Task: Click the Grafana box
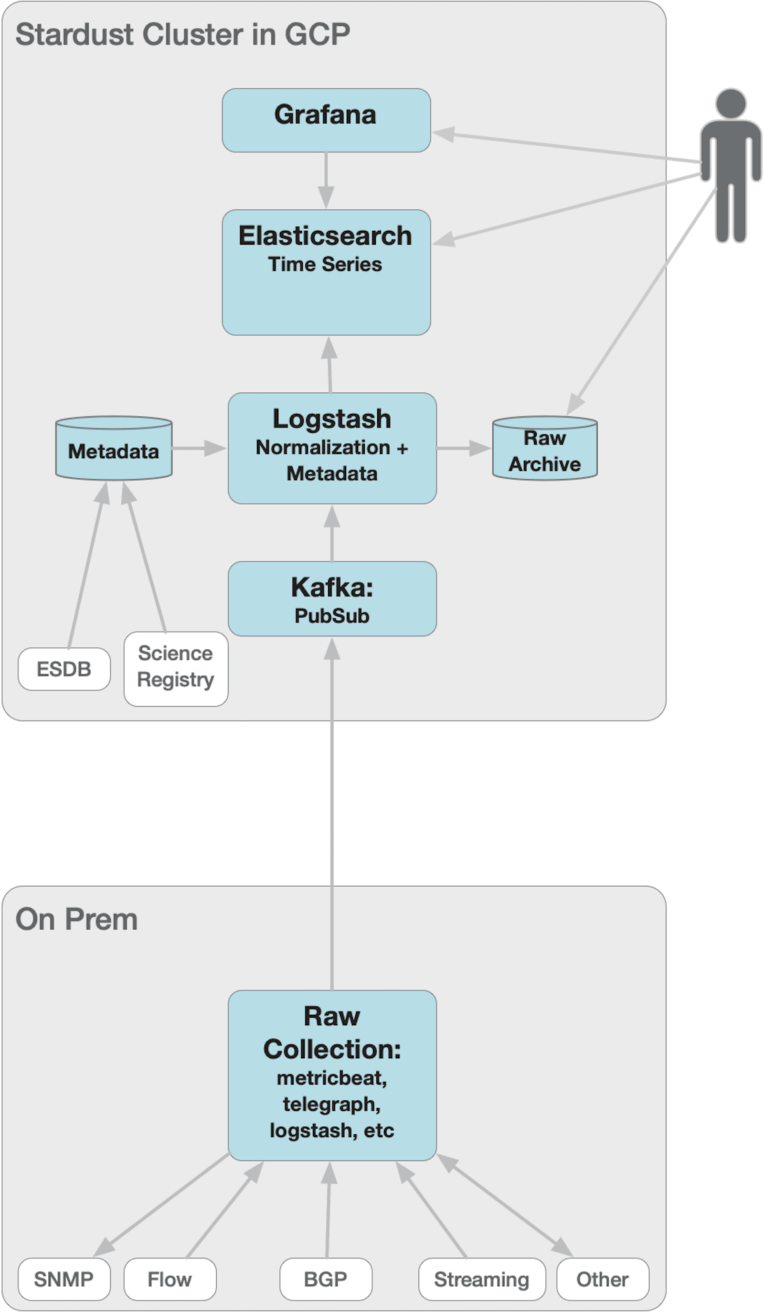point(326,120)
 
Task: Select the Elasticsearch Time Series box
point(326,272)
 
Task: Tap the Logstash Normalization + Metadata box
point(332,448)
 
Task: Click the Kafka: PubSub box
point(332,599)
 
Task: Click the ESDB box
point(64,669)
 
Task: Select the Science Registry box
point(176,669)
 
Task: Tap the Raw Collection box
point(332,1075)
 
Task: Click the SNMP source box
point(64,1279)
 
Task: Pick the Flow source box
point(170,1279)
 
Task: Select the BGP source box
point(326,1279)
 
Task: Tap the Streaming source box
point(482,1279)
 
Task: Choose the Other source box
point(603,1279)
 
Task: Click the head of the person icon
point(731,103)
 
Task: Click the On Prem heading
point(76,919)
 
